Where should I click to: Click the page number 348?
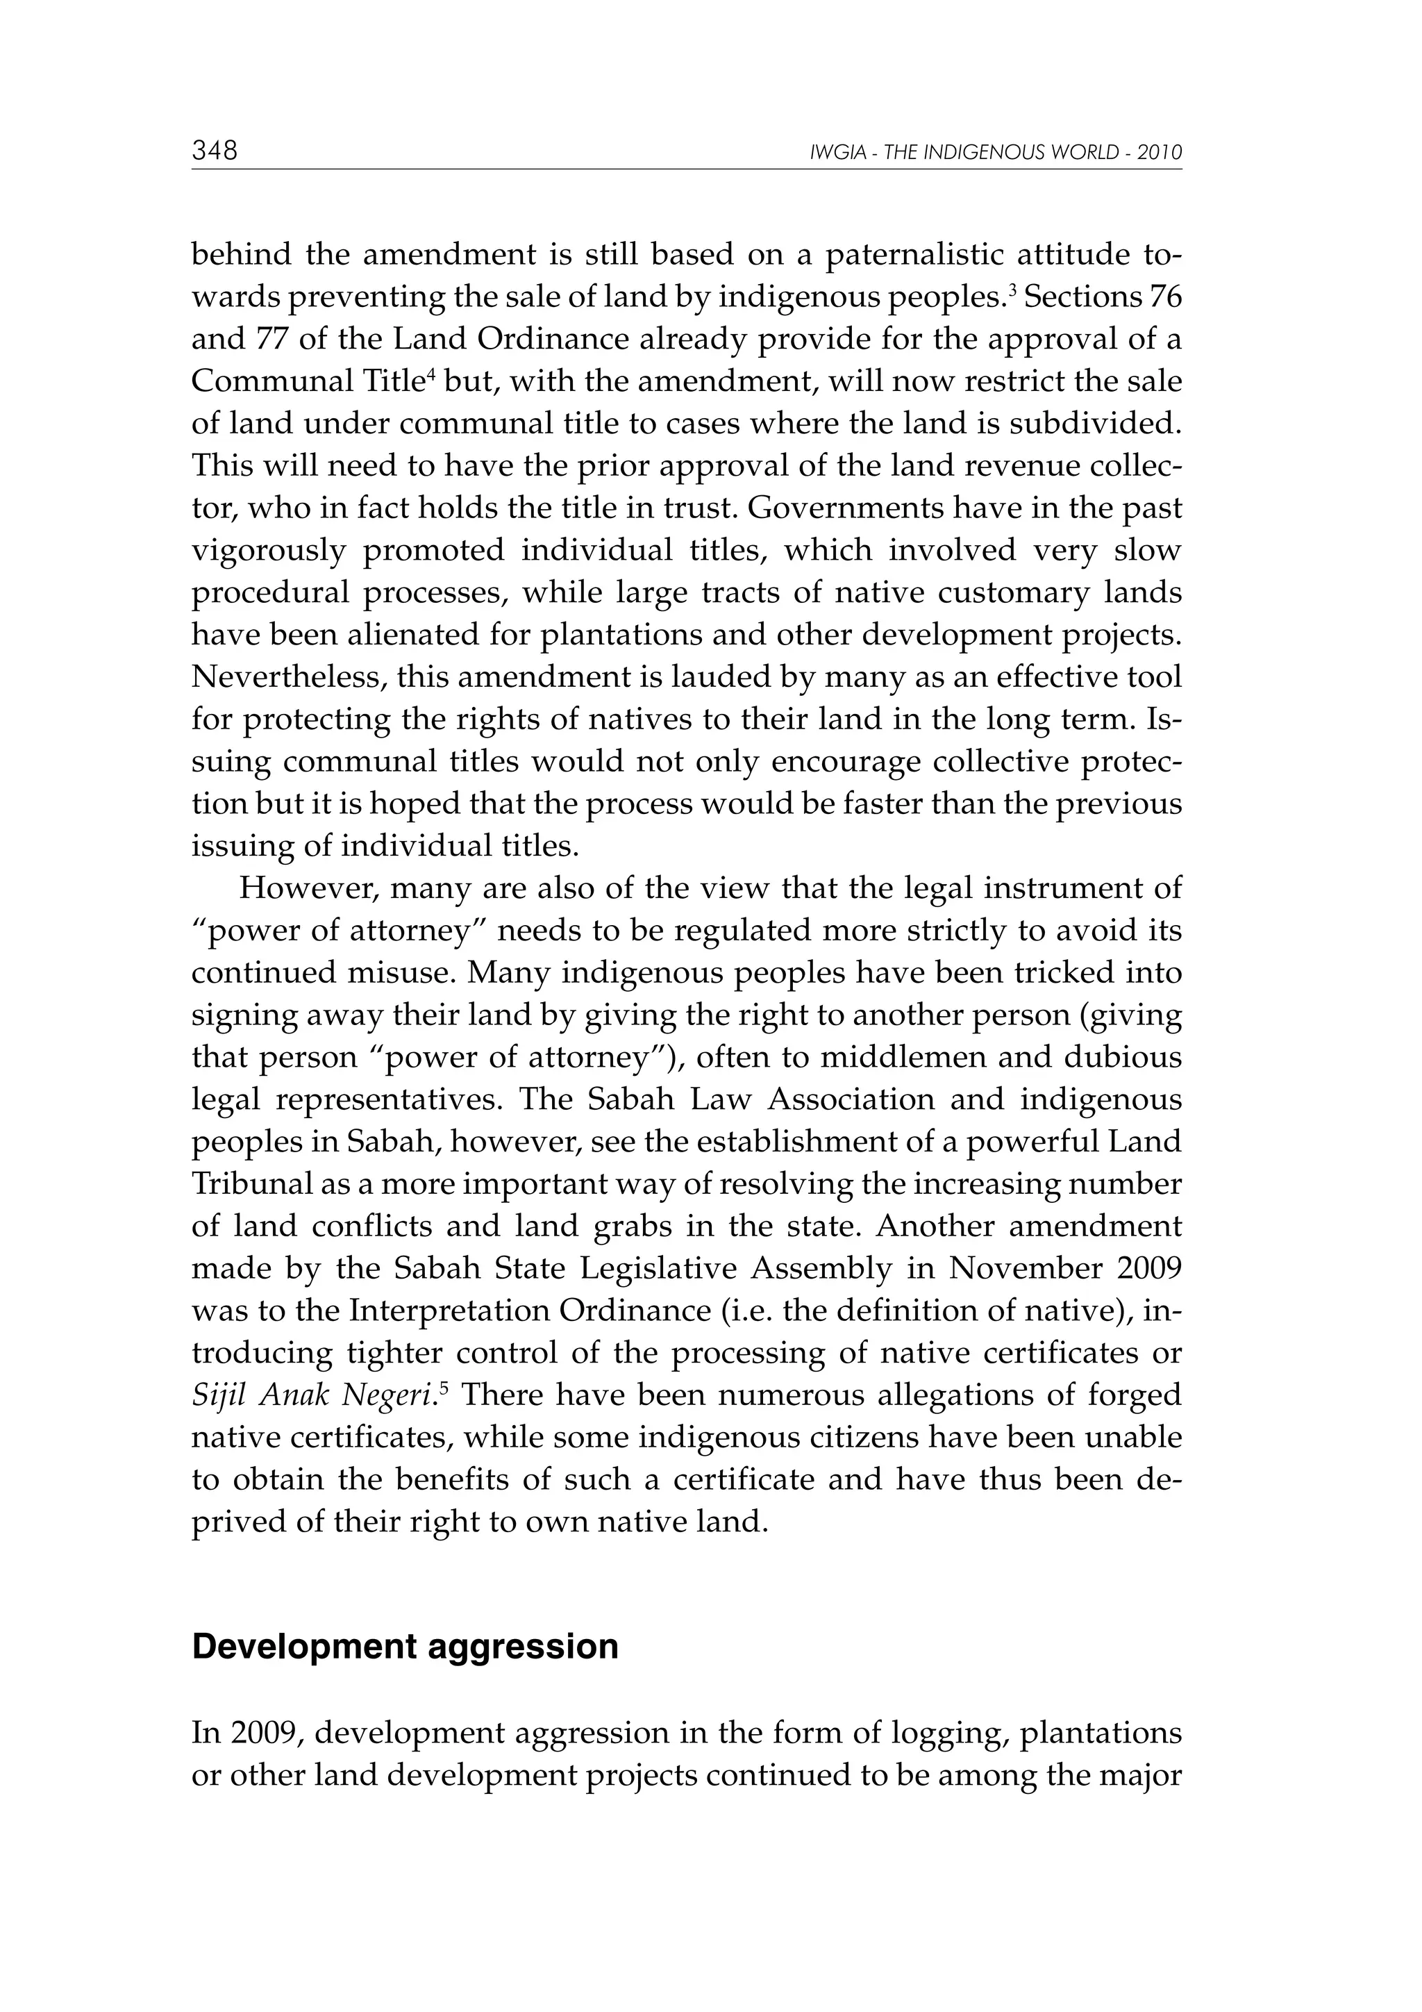tap(215, 151)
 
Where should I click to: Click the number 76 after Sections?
tap(1164, 298)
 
